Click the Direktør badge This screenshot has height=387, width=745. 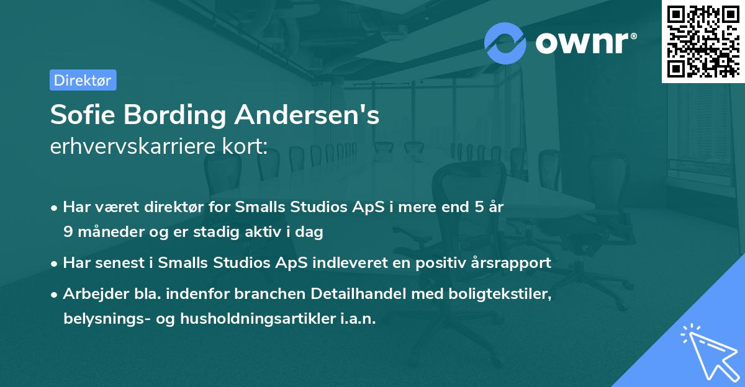click(x=83, y=80)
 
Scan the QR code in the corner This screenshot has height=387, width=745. click(x=703, y=41)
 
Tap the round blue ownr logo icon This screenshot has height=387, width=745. click(x=505, y=43)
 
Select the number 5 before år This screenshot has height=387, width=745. click(x=478, y=207)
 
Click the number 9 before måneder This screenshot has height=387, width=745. click(x=68, y=232)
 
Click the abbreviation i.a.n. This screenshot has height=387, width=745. click(x=358, y=319)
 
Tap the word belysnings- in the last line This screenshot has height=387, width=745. click(x=104, y=319)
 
